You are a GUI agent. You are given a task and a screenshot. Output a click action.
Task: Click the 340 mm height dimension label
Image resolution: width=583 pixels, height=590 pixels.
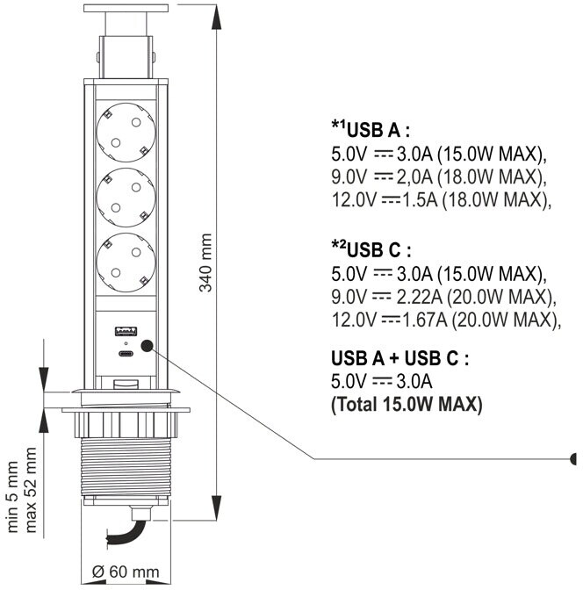tap(205, 263)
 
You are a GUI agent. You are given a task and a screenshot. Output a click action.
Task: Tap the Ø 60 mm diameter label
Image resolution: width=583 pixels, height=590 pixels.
tap(126, 572)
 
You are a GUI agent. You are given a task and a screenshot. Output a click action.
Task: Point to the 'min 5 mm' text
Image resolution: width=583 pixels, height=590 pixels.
tap(12, 497)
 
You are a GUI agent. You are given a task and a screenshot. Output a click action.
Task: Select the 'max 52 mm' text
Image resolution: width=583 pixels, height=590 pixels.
tap(31, 490)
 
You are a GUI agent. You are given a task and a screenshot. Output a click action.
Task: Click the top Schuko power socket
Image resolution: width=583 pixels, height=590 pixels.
tap(126, 133)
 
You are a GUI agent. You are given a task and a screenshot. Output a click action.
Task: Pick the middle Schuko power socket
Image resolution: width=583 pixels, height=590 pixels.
tap(126, 198)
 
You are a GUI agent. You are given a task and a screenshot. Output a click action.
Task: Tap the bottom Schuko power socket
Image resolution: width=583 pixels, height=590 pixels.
tap(126, 263)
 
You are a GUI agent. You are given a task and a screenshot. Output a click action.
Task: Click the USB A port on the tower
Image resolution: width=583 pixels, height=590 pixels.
tap(126, 332)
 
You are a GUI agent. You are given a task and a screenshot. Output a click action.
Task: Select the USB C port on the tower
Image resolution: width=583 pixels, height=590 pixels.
tap(126, 354)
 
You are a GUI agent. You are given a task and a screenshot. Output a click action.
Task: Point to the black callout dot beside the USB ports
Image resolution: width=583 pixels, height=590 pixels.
tap(147, 346)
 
